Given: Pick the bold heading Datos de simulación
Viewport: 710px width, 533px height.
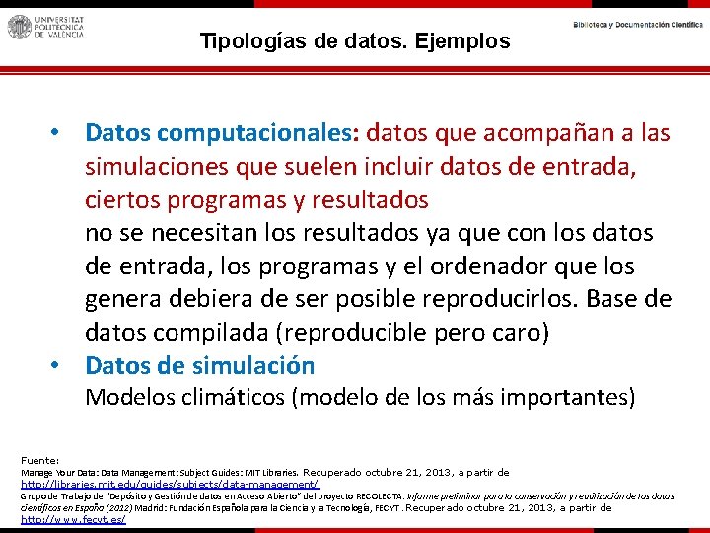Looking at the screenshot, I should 199,365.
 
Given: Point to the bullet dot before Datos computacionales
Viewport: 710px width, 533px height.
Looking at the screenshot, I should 59,132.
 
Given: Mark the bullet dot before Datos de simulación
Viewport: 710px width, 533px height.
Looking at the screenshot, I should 59,365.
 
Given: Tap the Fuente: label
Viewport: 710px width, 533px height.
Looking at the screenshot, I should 40,460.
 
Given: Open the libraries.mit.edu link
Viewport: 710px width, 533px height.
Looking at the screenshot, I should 171,485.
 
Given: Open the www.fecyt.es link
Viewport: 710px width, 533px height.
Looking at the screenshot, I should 73,519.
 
